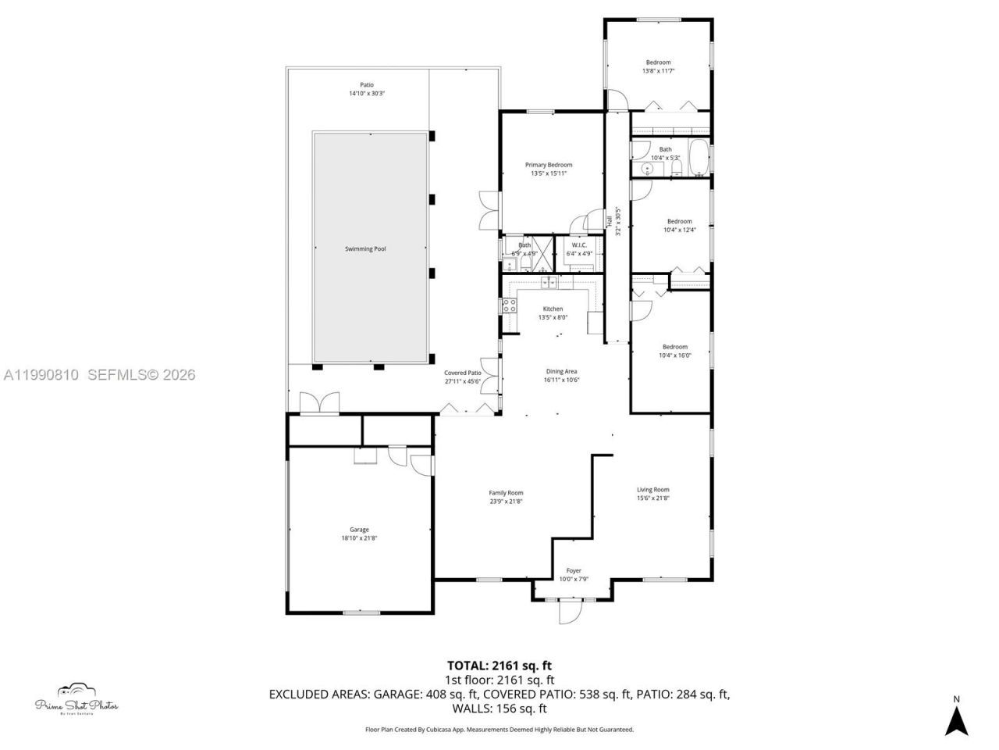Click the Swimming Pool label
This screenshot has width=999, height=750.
pyautogui.click(x=365, y=249)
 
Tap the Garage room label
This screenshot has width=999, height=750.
pyautogui.click(x=359, y=530)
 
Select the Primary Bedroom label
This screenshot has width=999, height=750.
pyautogui.click(x=548, y=165)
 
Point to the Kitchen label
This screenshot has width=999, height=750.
pyautogui.click(x=553, y=309)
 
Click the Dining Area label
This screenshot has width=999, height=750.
pyautogui.click(x=561, y=371)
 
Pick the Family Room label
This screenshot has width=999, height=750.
pyautogui.click(x=506, y=493)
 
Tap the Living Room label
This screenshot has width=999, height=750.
pyautogui.click(x=652, y=490)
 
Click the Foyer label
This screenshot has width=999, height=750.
pyautogui.click(x=574, y=571)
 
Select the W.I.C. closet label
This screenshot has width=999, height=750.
pyautogui.click(x=579, y=245)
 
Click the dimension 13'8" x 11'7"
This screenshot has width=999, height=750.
pyautogui.click(x=658, y=71)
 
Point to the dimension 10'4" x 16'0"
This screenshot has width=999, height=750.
pyautogui.click(x=675, y=355)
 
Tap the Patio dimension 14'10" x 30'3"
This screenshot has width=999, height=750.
pyautogui.click(x=367, y=94)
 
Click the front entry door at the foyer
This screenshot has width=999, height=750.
pyautogui.click(x=571, y=610)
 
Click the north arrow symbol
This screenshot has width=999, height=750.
pyautogui.click(x=956, y=717)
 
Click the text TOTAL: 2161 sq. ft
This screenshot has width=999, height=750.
pyautogui.click(x=499, y=666)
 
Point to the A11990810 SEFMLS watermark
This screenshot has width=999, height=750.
pyautogui.click(x=99, y=375)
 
